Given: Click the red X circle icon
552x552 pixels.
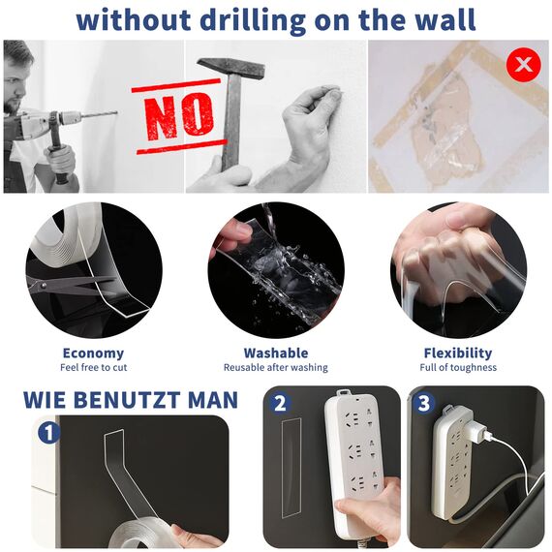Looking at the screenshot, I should pos(524,65).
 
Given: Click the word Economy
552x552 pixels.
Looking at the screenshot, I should pos(93,353).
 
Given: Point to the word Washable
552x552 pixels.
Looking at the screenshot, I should pos(276,353).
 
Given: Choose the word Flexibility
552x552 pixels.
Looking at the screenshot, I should pos(458,353).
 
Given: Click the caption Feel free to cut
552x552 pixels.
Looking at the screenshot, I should pos(93,368).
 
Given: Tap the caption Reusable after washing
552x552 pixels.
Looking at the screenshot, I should pos(276,368).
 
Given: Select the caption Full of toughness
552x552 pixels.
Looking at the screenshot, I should pos(458,368).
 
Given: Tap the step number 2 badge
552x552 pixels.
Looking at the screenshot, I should pos(279,403).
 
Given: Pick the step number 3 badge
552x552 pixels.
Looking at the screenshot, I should pos(423,403).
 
